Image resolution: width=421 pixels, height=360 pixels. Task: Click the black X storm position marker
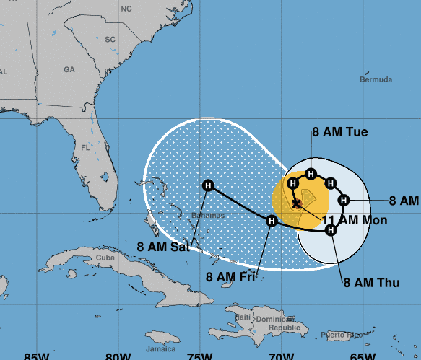click(x=296, y=204)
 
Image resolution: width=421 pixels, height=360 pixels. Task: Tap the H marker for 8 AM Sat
click(x=209, y=186)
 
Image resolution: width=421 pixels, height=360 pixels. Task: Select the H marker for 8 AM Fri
click(x=272, y=221)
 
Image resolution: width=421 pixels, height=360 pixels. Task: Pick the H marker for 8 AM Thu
click(x=331, y=230)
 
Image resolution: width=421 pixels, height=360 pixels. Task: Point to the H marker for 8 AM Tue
click(x=311, y=173)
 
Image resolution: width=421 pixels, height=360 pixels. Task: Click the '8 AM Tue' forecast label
click(x=339, y=132)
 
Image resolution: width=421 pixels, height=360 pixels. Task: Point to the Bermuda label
click(x=376, y=79)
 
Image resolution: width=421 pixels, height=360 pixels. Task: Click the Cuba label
click(x=106, y=258)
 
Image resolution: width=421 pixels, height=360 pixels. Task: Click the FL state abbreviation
click(x=85, y=147)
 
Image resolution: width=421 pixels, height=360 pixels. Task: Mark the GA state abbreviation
click(x=69, y=70)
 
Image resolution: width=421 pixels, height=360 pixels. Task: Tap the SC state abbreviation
click(x=110, y=39)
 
